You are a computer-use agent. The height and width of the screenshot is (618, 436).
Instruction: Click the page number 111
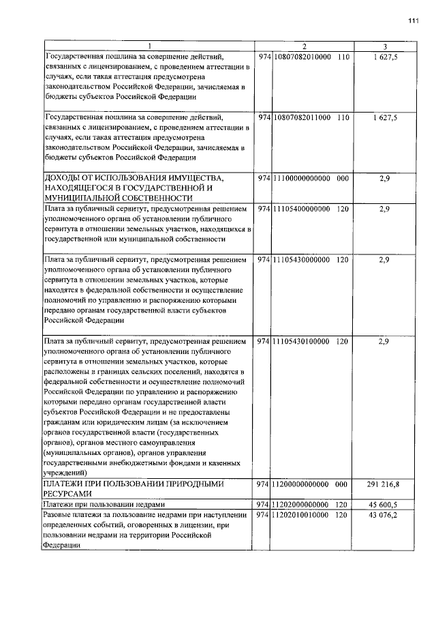[x=413, y=20]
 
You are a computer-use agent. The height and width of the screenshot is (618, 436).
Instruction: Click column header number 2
[x=304, y=46]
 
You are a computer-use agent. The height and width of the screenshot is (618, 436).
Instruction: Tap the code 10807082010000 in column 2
[x=301, y=57]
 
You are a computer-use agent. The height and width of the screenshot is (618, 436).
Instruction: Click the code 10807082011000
[x=301, y=118]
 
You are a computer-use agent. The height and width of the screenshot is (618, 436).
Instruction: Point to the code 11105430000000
[x=301, y=260]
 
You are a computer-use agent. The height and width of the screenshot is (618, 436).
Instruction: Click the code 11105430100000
[x=301, y=340]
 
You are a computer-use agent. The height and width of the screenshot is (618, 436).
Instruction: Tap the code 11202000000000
[x=301, y=504]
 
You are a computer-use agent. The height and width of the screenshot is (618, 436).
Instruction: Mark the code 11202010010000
[x=301, y=515]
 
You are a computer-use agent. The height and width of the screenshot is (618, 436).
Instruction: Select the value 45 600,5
[x=385, y=504]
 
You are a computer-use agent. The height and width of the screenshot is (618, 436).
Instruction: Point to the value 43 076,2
[x=385, y=515]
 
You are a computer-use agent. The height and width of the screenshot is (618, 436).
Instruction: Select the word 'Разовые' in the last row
[x=59, y=515]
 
